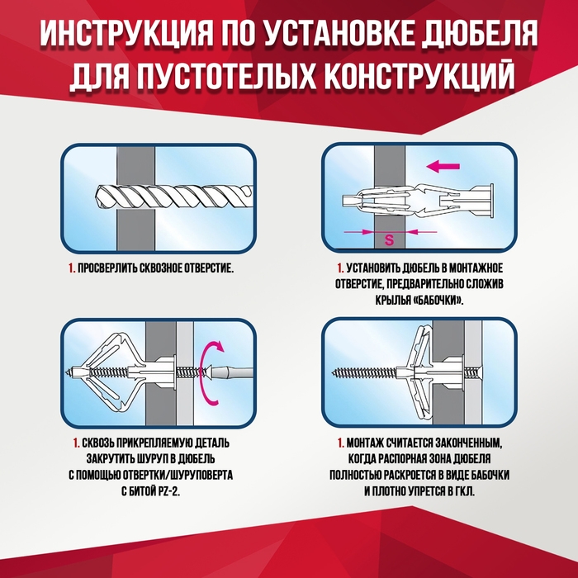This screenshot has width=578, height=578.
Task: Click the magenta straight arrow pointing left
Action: click(443, 167)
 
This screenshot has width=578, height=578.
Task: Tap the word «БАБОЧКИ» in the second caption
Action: click(437, 301)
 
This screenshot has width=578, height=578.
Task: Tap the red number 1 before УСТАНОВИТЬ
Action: click(339, 269)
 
